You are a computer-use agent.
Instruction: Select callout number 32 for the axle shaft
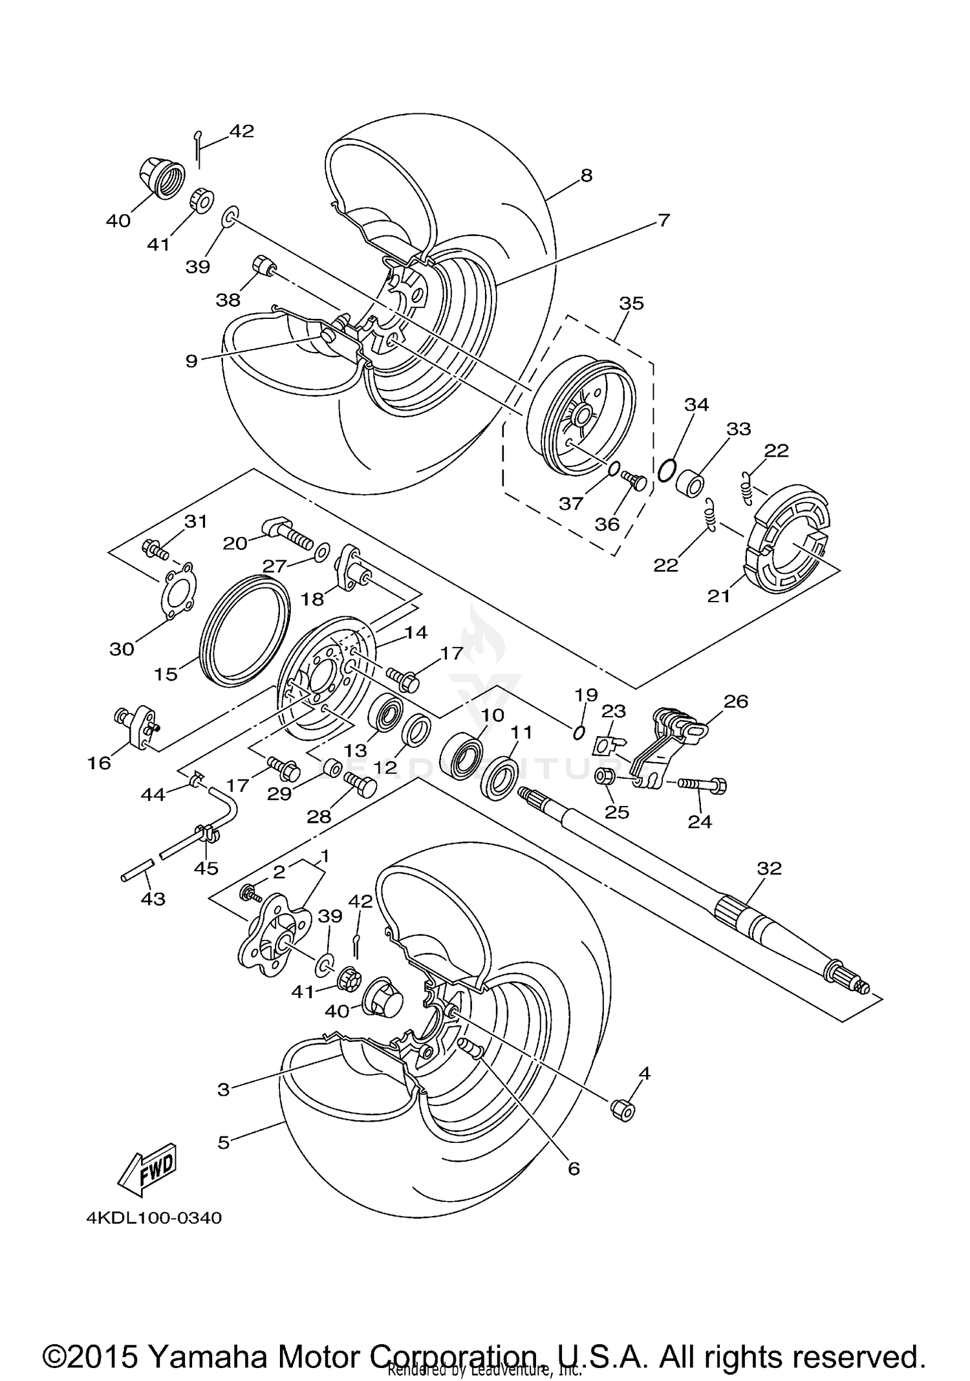click(x=769, y=868)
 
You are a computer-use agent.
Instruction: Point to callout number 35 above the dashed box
click(x=631, y=303)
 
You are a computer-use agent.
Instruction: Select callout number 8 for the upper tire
click(x=586, y=175)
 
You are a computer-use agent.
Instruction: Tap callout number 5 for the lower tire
click(x=223, y=1143)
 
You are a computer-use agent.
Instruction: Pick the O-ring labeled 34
click(x=667, y=468)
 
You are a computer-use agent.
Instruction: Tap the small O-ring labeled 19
click(x=579, y=732)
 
